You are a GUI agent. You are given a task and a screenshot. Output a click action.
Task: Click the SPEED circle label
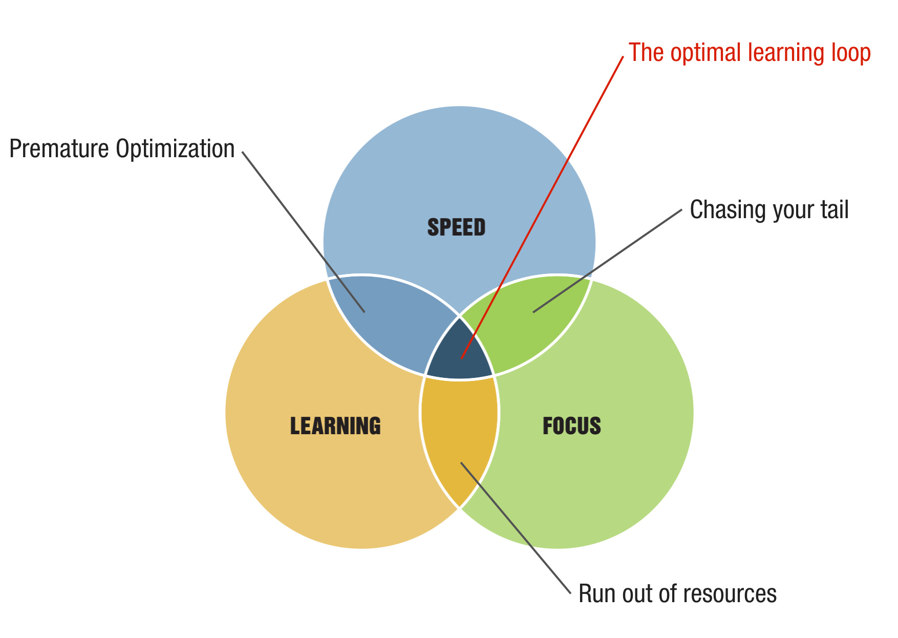(456, 227)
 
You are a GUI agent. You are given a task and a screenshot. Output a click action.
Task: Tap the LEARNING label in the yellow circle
(335, 426)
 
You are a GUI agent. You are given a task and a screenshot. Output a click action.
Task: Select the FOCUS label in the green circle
(571, 426)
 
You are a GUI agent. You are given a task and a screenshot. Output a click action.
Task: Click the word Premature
(59, 149)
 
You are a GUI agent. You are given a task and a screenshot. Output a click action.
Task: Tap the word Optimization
(175, 149)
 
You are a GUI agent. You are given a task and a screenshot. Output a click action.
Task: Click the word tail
(835, 210)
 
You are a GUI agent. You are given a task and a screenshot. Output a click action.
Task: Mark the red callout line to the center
(543, 205)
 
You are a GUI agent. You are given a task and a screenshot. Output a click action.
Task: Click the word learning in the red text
(783, 54)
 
